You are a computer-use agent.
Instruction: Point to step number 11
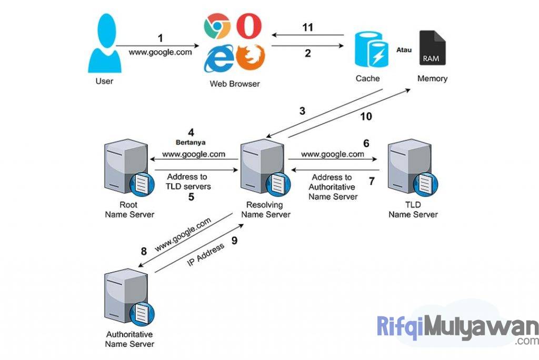click(307, 27)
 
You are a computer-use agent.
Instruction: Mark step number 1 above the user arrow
click(161, 38)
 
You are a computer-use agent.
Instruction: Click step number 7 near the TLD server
click(372, 182)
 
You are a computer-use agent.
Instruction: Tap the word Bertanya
click(190, 143)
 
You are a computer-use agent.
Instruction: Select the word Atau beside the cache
click(403, 49)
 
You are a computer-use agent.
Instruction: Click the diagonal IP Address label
click(205, 254)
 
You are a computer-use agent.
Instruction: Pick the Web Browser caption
click(235, 84)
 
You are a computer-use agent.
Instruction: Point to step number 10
click(366, 116)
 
